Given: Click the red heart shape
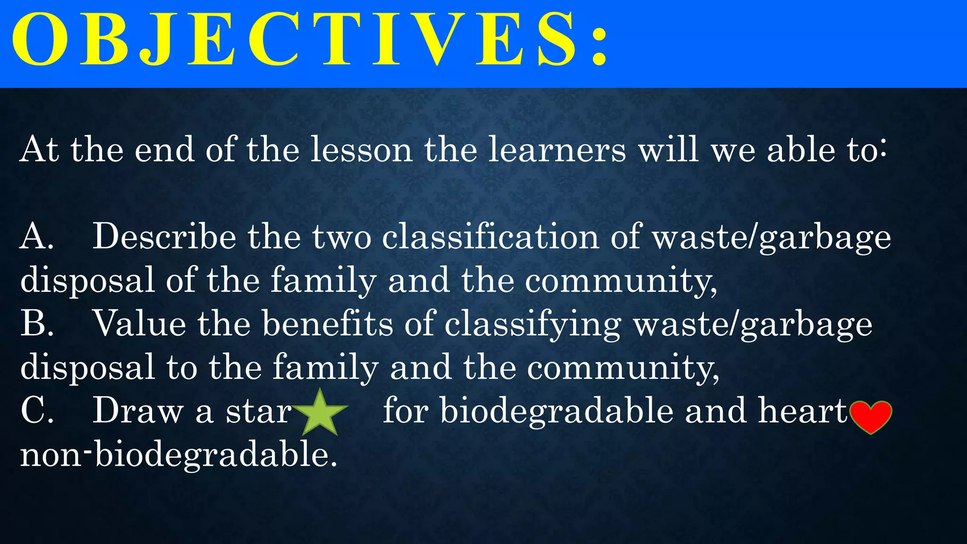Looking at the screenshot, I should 870,416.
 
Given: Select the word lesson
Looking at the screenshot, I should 361,150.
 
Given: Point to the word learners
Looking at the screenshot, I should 557,150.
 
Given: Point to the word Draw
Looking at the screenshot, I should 137,410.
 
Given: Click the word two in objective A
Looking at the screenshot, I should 341,237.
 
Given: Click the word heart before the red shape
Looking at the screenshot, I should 803,410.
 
